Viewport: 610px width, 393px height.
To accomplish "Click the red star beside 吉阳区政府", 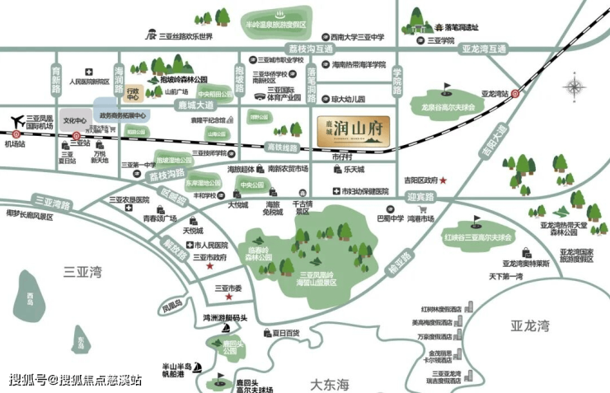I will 443,180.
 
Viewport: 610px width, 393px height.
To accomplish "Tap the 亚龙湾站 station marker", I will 515,94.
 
